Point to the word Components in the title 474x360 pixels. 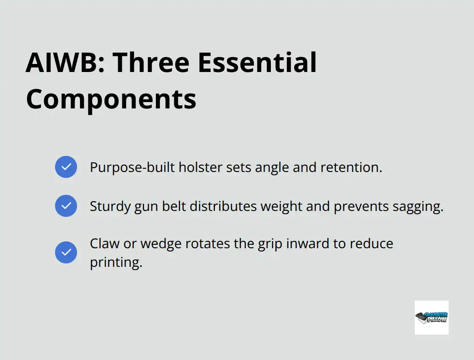point(111,99)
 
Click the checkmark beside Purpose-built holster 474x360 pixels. point(66,167)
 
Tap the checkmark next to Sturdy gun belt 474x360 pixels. point(66,206)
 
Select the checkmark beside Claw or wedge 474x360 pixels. point(66,252)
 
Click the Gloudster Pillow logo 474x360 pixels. point(431,317)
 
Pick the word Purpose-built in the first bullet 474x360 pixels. point(132,167)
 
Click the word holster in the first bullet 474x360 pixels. point(198,167)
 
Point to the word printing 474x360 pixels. point(116,263)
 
